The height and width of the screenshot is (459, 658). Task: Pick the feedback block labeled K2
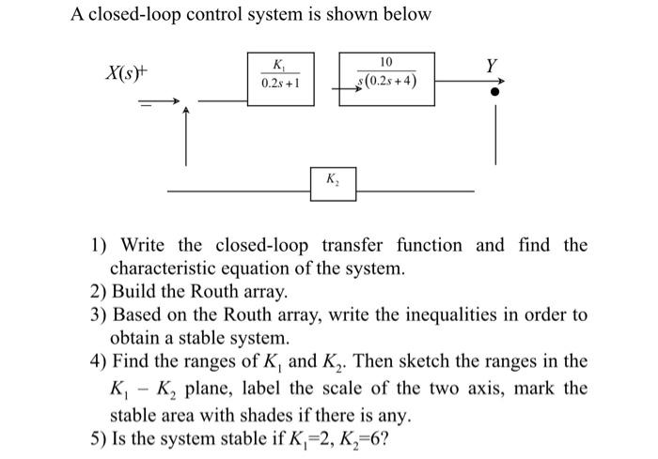coord(334,180)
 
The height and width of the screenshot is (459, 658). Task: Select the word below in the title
coord(406,15)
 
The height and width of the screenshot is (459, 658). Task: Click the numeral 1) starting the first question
coord(98,246)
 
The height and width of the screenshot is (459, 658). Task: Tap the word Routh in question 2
coord(217,293)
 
